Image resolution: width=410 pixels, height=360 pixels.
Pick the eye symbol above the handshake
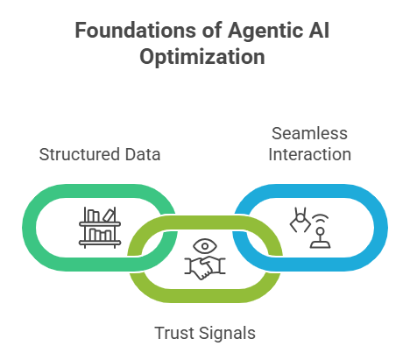203,246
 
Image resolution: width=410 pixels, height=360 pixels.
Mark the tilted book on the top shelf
109,215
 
